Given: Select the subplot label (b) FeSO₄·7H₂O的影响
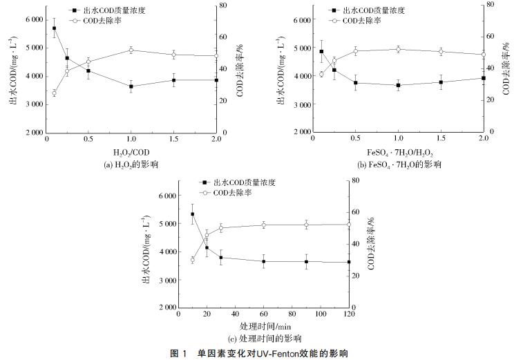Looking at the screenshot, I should (x=399, y=164).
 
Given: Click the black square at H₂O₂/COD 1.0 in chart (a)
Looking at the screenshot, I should (x=131, y=86).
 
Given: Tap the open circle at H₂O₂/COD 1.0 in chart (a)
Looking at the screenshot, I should (x=131, y=50).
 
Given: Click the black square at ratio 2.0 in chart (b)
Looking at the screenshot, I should (x=483, y=78).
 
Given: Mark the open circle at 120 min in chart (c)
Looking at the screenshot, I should (x=349, y=225).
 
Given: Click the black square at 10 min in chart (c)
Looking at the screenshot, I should (x=192, y=214).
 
